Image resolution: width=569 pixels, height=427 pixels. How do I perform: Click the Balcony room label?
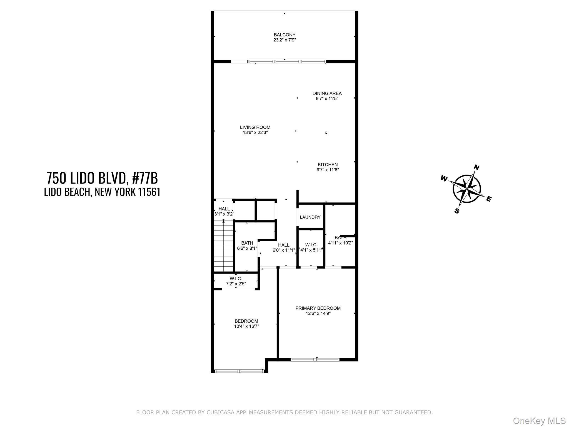(x=284, y=35)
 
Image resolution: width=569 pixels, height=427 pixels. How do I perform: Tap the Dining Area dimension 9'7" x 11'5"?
(x=327, y=98)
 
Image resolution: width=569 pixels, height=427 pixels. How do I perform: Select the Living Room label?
(x=255, y=127)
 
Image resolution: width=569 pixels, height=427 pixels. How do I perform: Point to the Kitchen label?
(x=328, y=165)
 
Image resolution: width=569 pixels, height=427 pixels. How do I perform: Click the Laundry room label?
(x=310, y=217)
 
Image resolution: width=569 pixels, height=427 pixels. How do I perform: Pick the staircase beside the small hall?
(x=223, y=246)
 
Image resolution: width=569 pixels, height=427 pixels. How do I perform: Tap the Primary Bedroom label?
(x=318, y=308)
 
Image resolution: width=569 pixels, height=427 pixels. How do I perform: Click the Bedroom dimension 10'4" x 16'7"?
(x=246, y=326)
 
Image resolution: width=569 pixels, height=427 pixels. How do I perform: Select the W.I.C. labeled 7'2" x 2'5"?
(x=236, y=281)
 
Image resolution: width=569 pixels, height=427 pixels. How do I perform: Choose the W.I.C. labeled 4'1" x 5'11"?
(x=311, y=247)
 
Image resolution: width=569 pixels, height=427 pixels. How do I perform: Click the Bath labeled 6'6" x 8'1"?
(x=247, y=245)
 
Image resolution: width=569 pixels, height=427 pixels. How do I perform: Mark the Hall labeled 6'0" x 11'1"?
(x=284, y=247)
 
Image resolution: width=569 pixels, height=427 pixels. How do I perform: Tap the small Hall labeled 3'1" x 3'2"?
(x=224, y=211)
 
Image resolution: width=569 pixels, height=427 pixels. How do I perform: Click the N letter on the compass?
(x=476, y=167)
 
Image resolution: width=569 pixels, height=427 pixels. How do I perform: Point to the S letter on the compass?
(x=457, y=211)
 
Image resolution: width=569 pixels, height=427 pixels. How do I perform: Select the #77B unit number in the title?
(x=145, y=178)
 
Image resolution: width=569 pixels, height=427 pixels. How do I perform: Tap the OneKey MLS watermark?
(x=539, y=421)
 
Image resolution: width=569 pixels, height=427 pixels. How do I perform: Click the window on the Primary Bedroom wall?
(x=315, y=359)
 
